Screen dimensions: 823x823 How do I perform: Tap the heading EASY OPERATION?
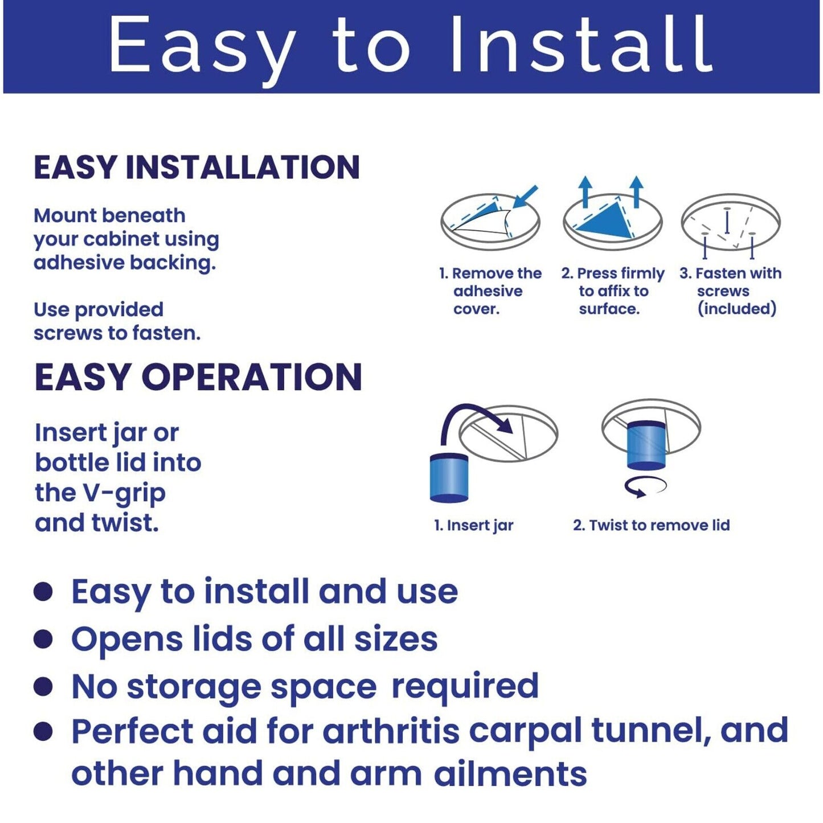tap(198, 377)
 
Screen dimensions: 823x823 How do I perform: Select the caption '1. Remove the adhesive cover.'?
tap(490, 291)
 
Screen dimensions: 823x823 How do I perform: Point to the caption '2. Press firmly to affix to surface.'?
tap(613, 291)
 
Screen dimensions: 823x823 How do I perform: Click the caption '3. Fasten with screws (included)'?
tap(731, 291)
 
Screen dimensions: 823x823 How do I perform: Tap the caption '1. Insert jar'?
tap(474, 525)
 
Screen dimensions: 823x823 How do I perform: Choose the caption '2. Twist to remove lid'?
tap(652, 525)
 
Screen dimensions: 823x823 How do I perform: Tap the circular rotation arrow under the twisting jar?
tap(645, 486)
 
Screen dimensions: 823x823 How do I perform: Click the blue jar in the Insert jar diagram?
tap(449, 479)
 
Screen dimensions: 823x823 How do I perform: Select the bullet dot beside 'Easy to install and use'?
tap(43, 593)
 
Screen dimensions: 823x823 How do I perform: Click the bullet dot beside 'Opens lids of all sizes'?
tap(43, 640)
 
